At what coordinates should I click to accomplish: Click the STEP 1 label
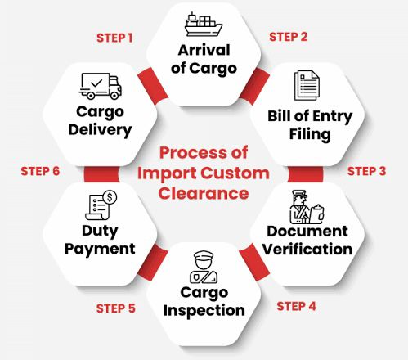[x=114, y=38]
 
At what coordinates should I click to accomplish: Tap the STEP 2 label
[x=289, y=37]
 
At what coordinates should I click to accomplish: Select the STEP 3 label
[x=366, y=171]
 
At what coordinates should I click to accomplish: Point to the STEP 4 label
[x=296, y=306]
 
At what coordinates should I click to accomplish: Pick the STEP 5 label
[x=116, y=308]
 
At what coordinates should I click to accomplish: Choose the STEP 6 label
[x=40, y=171]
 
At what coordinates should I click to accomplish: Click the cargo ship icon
[x=204, y=24]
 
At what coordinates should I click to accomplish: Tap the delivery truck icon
[x=101, y=86]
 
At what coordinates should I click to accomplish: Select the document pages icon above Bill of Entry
[x=307, y=85]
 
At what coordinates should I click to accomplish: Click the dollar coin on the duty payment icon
[x=110, y=197]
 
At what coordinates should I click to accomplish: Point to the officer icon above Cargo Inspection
[x=204, y=267]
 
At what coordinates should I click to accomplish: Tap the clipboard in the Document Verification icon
[x=317, y=214]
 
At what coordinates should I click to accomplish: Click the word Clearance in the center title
[x=204, y=193]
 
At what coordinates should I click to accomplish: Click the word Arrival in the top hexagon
[x=204, y=50]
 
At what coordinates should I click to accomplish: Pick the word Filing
[x=310, y=134]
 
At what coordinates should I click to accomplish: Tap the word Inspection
[x=204, y=311]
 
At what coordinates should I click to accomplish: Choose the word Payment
[x=100, y=249]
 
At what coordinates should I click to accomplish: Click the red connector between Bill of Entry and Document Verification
[x=305, y=174]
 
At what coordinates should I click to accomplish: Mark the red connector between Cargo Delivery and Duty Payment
[x=101, y=174]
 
